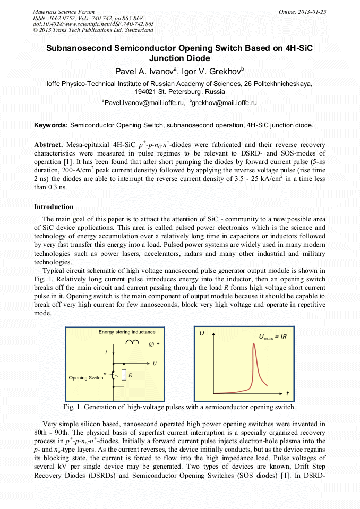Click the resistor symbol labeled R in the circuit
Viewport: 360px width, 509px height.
click(123, 375)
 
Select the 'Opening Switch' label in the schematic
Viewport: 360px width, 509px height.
click(86, 378)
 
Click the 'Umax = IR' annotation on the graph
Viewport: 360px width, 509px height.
click(273, 337)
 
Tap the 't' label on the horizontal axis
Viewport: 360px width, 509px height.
click(287, 393)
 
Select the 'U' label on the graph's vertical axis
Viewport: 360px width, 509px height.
click(202, 333)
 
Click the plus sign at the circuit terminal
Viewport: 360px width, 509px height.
click(158, 344)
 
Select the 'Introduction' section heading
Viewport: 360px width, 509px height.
click(54, 206)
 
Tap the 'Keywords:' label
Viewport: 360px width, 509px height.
click(51, 125)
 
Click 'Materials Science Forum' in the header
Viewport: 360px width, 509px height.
click(63, 12)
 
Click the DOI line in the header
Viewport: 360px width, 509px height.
click(93, 24)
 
